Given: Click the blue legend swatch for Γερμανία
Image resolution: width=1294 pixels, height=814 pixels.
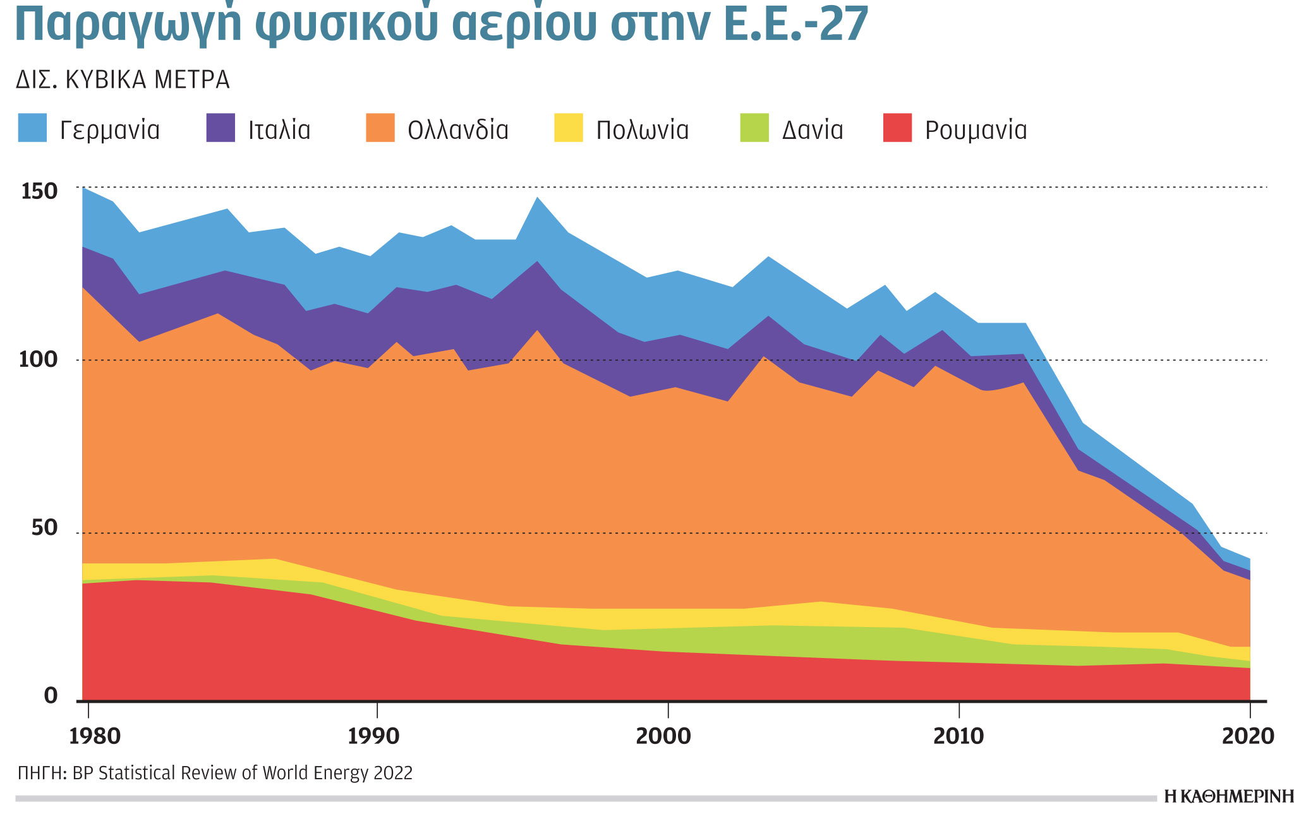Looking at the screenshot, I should pos(32,128).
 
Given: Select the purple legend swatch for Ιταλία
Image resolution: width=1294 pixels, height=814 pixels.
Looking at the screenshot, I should pos(221,128).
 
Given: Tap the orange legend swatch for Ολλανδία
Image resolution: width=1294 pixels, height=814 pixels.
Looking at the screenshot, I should pos(380,128).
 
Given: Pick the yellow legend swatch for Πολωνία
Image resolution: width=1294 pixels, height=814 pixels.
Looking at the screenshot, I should pos(569,128).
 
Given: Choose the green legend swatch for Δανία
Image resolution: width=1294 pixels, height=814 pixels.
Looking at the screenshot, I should pos(754,128).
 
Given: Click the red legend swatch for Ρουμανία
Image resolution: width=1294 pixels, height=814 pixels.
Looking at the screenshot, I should pos(897,128).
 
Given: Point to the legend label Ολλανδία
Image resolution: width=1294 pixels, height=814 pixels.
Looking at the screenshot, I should pos(458,130).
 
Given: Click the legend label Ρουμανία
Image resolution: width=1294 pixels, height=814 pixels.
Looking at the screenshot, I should pos(976,130).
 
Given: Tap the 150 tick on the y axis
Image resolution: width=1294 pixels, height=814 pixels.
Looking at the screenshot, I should pos(39,191).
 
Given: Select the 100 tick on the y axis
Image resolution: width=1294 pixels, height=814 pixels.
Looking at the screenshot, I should pos(39,360).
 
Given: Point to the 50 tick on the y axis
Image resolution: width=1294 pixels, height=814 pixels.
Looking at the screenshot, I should pos(44,528).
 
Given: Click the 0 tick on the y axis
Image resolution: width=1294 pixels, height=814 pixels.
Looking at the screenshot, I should pos(51,696).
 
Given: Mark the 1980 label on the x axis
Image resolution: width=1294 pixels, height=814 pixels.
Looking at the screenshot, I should pos(95,736).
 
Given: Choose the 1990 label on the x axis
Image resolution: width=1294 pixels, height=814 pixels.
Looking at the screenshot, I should pos(374,736).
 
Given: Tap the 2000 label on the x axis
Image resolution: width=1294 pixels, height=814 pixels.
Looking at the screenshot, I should pos(663,736).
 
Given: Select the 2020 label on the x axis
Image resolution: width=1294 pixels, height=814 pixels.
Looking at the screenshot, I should pos(1248,736).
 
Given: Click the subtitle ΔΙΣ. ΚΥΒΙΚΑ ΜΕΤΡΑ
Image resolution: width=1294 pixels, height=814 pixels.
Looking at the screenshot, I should pos(123,80).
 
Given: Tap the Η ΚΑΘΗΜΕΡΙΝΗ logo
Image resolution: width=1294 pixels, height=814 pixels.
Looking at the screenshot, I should pos(1228,797).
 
